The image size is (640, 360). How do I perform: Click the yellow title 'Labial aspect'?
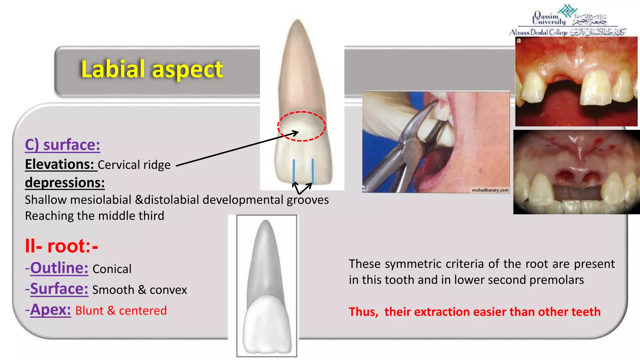152,69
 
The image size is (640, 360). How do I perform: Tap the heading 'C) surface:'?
62,145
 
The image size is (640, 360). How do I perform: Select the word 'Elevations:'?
59,164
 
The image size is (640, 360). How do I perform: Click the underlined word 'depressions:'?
65,183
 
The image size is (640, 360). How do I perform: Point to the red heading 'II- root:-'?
62,246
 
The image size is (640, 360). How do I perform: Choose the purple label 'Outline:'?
59,268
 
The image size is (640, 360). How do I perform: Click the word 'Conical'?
112,269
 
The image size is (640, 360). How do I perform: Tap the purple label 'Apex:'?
50,310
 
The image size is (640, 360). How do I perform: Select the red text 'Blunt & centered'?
121,311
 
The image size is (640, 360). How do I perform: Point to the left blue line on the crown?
294,171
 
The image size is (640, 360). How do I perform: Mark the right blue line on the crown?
312,171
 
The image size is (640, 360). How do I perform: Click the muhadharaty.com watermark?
490,190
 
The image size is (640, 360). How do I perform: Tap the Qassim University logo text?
549,19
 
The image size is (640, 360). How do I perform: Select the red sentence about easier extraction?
475,312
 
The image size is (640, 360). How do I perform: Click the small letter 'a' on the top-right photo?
519,41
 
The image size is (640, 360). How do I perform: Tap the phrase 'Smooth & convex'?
140,290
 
